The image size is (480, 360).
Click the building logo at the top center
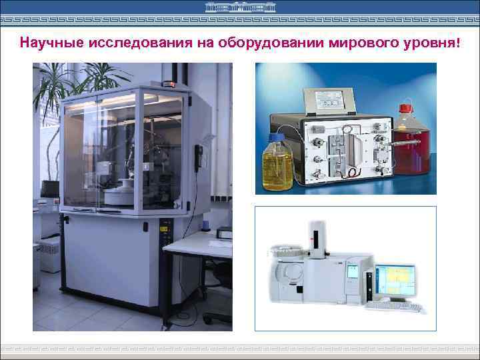tap(240, 7)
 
